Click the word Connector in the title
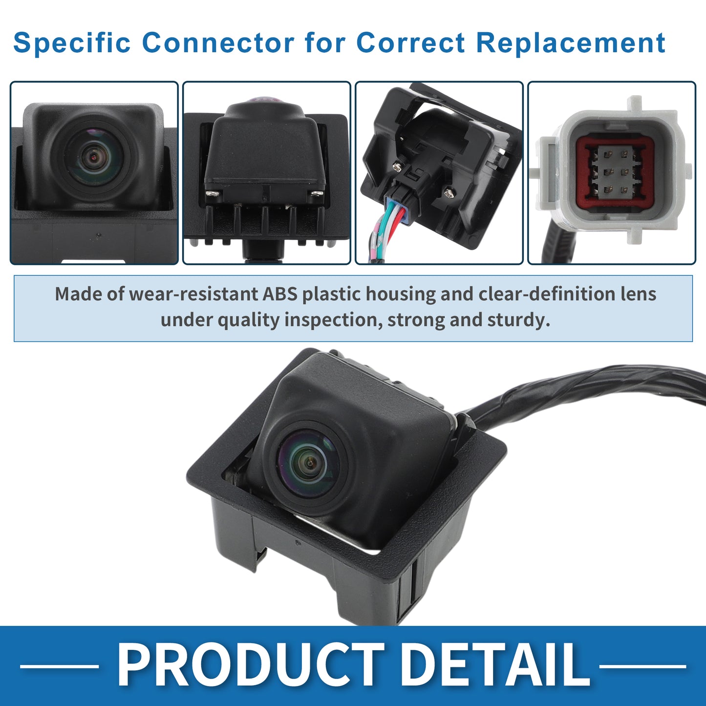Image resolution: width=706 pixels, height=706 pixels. point(218,43)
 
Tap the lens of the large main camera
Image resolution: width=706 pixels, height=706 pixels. point(309,464)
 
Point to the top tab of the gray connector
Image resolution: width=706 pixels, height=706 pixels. point(637,104)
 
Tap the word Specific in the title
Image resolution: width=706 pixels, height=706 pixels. point(72,43)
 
